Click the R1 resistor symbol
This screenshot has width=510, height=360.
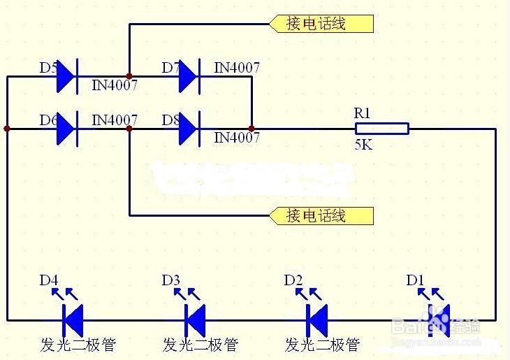pyautogui.click(x=381, y=129)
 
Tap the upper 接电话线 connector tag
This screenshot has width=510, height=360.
pyautogui.click(x=321, y=24)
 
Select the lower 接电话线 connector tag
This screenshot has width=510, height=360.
pyautogui.click(x=321, y=215)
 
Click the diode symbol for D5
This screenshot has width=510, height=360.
pyautogui.click(x=66, y=76)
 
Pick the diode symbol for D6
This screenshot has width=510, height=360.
pyautogui.click(x=66, y=129)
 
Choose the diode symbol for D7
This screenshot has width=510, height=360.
pyautogui.click(x=189, y=76)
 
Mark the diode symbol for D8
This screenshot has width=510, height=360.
pyautogui.click(x=189, y=129)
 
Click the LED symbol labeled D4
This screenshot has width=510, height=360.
pyautogui.click(x=73, y=319)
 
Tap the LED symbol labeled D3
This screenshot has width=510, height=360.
pyautogui.click(x=196, y=319)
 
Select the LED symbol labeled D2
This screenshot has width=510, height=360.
pyautogui.click(x=319, y=319)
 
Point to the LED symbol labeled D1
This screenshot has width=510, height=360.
pyautogui.click(x=440, y=319)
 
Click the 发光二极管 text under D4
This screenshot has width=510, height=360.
pyautogui.click(x=78, y=345)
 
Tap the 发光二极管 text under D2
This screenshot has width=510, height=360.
pyautogui.click(x=322, y=345)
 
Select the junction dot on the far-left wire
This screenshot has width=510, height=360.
pyautogui.click(x=7, y=129)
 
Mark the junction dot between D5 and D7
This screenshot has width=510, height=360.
pyautogui.click(x=129, y=76)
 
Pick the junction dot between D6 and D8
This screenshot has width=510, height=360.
pyautogui.click(x=129, y=129)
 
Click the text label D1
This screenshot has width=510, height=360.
pyautogui.click(x=415, y=280)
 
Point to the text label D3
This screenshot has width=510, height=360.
pyautogui.click(x=171, y=280)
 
